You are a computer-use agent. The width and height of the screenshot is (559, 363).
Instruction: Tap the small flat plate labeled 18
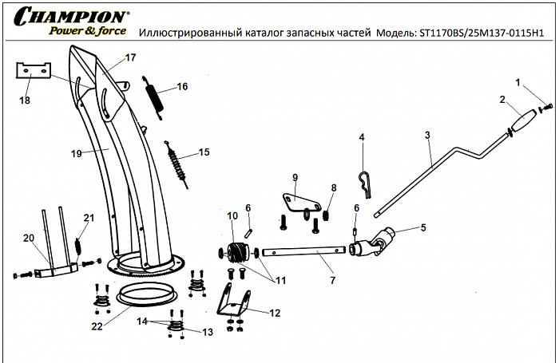coord(34,71)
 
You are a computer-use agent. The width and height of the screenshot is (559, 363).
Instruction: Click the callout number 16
coord(182,86)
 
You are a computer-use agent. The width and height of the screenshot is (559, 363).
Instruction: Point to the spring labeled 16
coord(155,97)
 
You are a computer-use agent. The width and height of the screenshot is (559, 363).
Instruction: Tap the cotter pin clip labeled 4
coord(365,184)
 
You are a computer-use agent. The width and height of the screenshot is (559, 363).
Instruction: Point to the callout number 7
coord(332,281)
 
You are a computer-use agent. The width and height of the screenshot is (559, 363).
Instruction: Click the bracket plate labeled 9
coord(295,199)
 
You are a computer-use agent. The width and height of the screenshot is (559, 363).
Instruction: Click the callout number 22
coord(97,326)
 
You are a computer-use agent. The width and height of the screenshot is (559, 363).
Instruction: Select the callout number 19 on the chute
coord(77,153)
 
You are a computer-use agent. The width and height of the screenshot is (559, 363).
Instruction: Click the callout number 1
coord(517,82)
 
